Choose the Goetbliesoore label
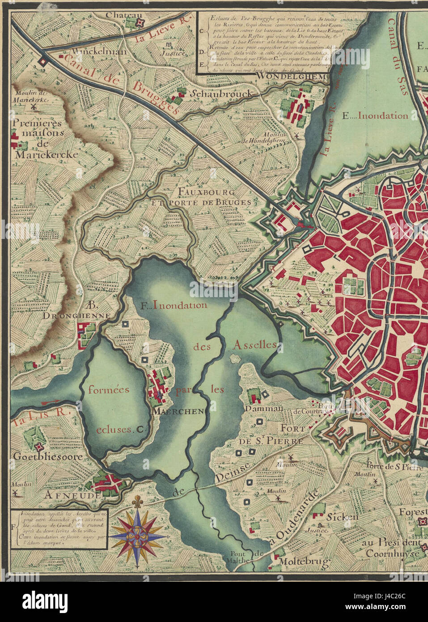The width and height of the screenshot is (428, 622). pos(48,457)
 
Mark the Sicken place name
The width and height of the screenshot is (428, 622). pos(343,517)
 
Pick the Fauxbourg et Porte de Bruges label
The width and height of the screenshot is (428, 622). pos(214,197)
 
